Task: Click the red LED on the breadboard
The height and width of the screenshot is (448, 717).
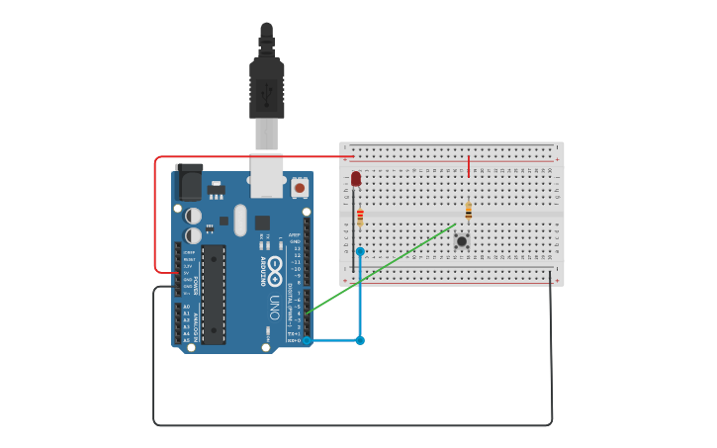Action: click(x=356, y=179)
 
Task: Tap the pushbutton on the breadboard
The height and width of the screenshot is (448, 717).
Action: click(x=461, y=240)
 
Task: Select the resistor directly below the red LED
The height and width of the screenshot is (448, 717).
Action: click(x=360, y=217)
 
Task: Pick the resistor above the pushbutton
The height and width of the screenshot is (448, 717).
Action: click(x=468, y=211)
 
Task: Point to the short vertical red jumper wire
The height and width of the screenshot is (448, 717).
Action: click(x=469, y=166)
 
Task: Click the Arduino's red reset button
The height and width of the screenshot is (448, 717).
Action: click(x=300, y=186)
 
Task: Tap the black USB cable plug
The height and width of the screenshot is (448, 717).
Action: click(x=267, y=89)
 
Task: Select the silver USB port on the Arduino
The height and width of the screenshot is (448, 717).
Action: click(x=266, y=176)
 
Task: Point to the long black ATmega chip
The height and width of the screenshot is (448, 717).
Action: click(x=214, y=294)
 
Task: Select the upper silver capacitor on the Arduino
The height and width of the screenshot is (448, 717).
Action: click(x=194, y=215)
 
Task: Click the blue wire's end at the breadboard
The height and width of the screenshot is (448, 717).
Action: click(x=360, y=252)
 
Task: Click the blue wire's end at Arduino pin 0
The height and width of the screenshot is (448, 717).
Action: click(x=308, y=340)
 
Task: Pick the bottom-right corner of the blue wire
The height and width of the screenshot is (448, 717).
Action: click(x=360, y=340)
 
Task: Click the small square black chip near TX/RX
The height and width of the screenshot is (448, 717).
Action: click(x=262, y=223)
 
